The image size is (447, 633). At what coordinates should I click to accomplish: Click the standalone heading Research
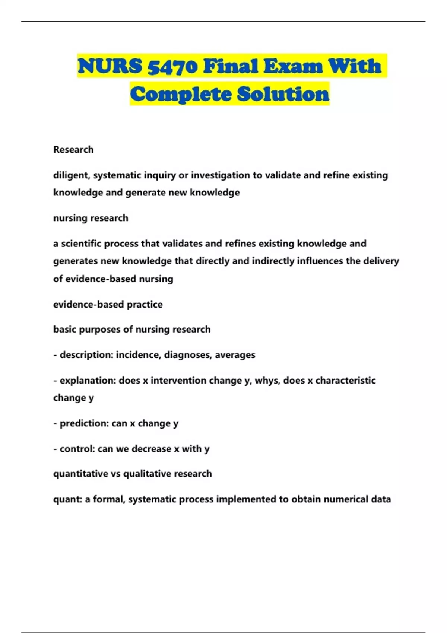[73, 150]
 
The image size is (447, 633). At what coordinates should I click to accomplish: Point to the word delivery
[381, 261]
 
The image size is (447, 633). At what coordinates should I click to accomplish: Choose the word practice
[145, 305]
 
